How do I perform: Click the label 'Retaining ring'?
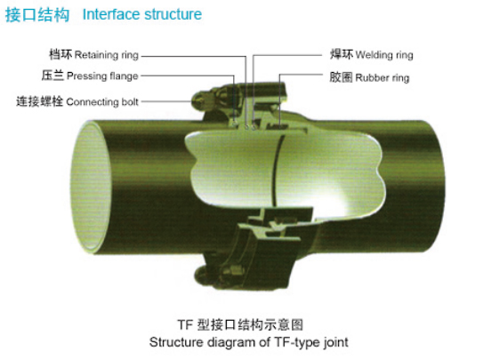coord(107,55)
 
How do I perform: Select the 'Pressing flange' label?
coord(102,76)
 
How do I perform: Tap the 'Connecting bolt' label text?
coord(102,102)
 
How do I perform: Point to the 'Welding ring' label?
coord(384,55)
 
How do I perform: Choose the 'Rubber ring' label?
coord(382,77)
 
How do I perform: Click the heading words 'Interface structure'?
coord(142,14)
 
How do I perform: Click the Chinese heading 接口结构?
coord(37,15)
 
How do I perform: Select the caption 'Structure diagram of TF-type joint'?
coord(248,342)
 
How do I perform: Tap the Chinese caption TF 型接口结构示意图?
coord(240,325)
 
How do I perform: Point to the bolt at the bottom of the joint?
coord(205,275)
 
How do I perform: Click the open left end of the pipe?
coord(90,187)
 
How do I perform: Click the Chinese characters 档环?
coord(60,54)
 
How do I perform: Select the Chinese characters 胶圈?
coord(341,77)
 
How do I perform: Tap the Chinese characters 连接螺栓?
coord(39,101)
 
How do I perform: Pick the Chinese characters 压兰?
coord(52,76)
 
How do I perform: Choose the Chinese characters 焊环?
coord(342,54)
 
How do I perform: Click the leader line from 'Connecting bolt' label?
coord(166,101)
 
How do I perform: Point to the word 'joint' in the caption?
coord(336,342)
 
